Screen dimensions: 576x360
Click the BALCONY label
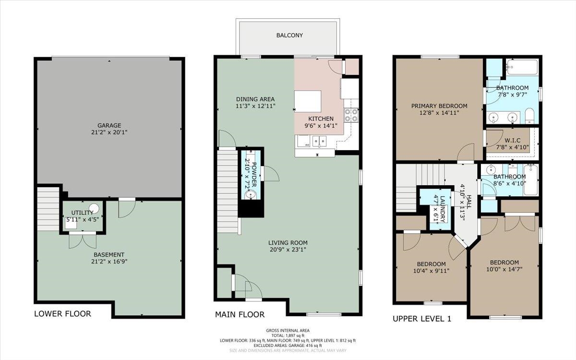click(289, 35)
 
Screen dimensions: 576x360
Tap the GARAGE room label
click(109, 125)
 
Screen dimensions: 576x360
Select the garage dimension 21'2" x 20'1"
click(109, 132)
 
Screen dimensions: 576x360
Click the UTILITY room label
click(82, 213)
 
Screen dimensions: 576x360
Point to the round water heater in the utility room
click(94, 208)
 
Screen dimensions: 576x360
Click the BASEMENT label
click(109, 254)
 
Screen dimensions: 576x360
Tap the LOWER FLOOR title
click(63, 314)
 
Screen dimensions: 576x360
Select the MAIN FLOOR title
click(240, 314)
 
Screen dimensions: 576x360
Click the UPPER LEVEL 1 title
click(422, 319)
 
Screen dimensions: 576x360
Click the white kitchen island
click(308, 101)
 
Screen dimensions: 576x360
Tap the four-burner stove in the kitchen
click(351, 115)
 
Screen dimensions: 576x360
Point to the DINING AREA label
click(255, 99)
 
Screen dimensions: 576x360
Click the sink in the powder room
click(250, 195)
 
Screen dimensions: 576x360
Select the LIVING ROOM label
click(288, 242)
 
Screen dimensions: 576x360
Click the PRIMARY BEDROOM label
click(439, 106)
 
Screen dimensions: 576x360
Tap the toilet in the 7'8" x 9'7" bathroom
click(529, 116)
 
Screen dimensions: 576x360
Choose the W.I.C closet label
click(513, 140)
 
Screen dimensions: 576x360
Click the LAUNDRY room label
click(443, 209)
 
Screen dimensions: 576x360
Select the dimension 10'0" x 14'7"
click(504, 269)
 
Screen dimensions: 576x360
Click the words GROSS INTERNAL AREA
click(288, 330)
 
